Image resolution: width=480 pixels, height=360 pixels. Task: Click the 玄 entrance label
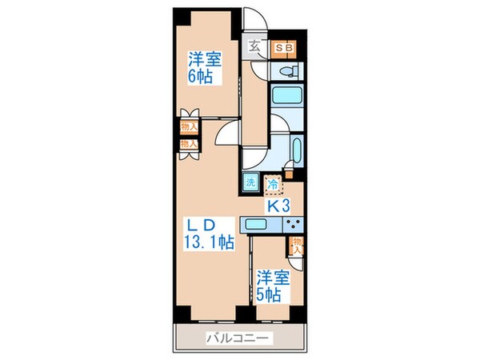(x=254, y=46)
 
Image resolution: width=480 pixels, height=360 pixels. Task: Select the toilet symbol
(x=286, y=72)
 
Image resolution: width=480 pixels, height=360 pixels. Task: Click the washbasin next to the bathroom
(x=295, y=150)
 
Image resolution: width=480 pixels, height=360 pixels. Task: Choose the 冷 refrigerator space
(x=274, y=185)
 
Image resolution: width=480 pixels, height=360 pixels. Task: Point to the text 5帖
(x=268, y=294)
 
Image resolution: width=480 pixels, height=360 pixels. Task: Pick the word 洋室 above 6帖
(x=204, y=59)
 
